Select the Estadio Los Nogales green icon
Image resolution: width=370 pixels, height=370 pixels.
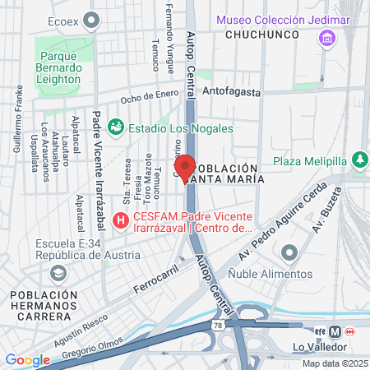point(116,127)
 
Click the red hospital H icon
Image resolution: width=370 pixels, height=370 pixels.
point(120,220)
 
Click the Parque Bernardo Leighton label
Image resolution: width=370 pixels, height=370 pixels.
point(58,68)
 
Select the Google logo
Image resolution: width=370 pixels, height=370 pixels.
point(27,359)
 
